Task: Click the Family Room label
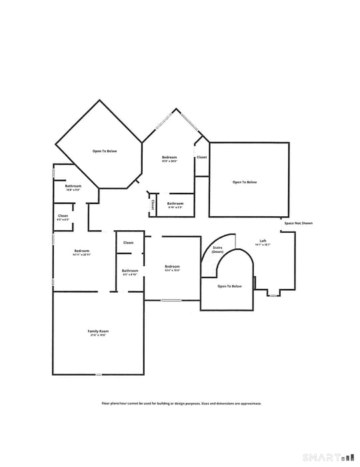click(98, 332)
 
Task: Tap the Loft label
click(265, 242)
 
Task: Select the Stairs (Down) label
click(217, 250)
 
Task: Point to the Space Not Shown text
click(298, 223)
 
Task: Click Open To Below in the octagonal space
click(105, 151)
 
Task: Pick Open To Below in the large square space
click(244, 182)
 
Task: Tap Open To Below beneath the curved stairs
click(229, 286)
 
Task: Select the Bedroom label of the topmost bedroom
click(169, 157)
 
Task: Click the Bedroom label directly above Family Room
click(82, 252)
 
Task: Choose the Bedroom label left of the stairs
click(172, 267)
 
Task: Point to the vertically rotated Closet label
click(153, 203)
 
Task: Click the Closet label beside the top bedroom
click(201, 157)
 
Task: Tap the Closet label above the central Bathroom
click(129, 243)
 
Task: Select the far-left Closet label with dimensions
click(63, 216)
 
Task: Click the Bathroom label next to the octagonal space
click(73, 187)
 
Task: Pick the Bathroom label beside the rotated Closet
click(175, 204)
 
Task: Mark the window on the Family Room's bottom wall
click(98, 374)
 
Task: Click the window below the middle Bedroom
click(171, 300)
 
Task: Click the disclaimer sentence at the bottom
click(181, 404)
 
